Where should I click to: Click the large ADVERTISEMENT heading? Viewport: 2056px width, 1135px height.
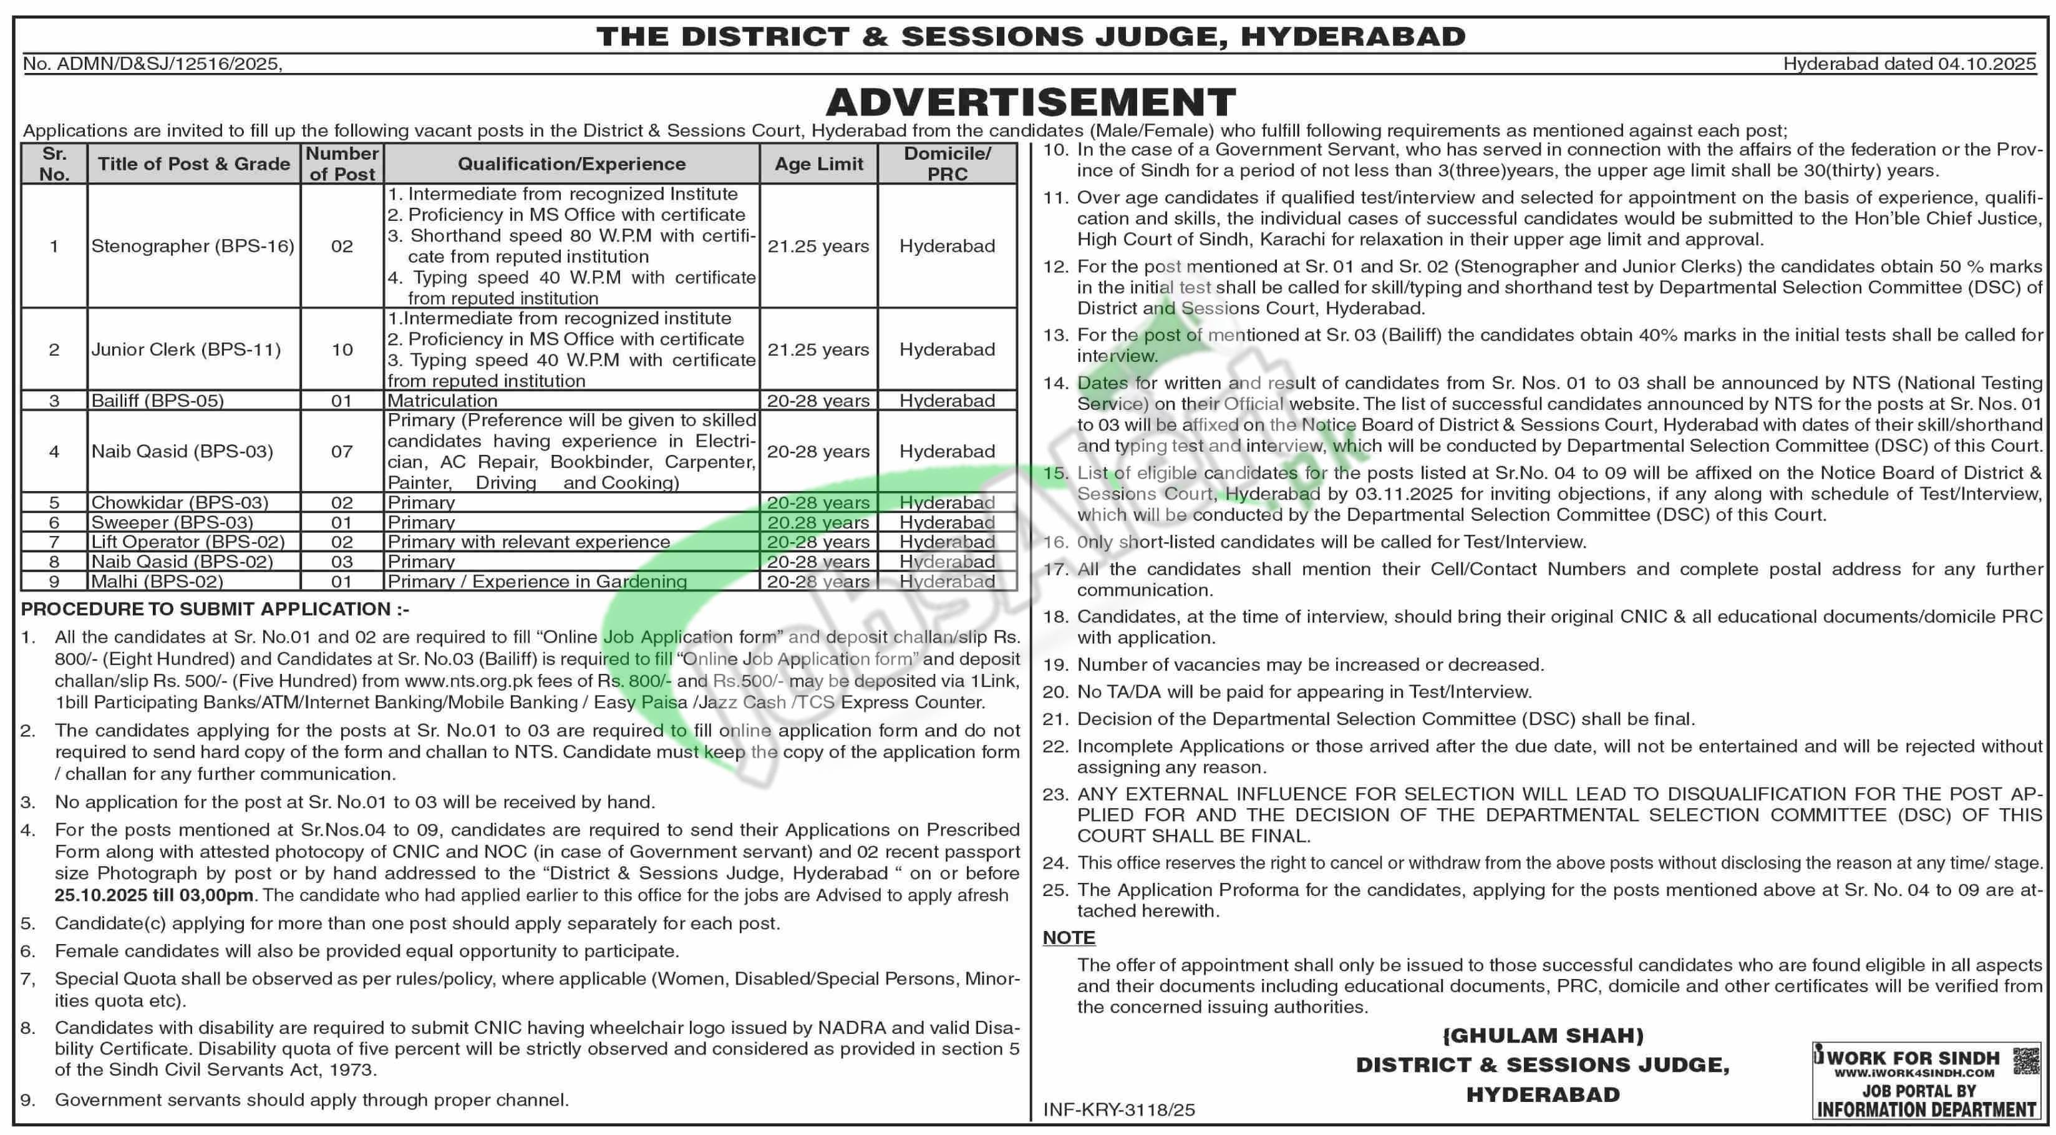[1030, 102]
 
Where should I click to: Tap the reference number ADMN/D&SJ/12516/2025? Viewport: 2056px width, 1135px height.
[168, 64]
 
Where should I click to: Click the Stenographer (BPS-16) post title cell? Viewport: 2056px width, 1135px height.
[193, 246]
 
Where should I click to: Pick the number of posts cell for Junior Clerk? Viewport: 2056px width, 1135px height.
[342, 349]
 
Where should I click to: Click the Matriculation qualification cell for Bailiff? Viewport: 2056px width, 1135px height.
[442, 401]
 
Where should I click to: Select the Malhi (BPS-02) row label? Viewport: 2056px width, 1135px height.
[157, 581]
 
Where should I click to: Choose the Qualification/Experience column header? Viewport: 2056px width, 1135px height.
[571, 163]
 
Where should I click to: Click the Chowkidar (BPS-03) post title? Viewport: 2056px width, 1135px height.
[180, 503]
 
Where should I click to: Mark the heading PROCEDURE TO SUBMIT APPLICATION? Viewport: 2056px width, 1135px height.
[215, 609]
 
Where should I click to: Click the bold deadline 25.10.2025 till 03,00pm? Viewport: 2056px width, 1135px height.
[154, 895]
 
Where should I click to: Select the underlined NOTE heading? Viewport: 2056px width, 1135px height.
[1069, 937]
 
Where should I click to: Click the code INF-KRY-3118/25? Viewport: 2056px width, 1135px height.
[1119, 1109]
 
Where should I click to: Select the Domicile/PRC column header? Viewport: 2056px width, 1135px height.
[948, 163]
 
